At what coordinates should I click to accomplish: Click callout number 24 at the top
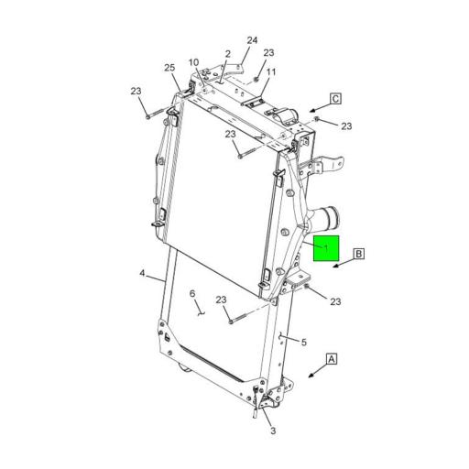coord(253,40)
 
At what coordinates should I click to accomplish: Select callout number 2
coord(227,54)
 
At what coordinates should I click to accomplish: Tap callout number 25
coord(169,69)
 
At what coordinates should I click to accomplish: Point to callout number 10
coord(194,63)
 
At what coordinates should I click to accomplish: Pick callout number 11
coord(271,71)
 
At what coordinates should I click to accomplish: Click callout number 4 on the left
coord(143,273)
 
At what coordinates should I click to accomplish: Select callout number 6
coord(192,294)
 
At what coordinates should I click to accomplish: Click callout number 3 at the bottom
coord(272,431)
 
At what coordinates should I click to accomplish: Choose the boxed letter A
coord(331,359)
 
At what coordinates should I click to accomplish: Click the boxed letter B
coord(359,253)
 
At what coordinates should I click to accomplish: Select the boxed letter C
coord(335,98)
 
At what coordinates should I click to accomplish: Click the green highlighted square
coord(327,248)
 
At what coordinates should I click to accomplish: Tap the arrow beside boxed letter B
coord(339,266)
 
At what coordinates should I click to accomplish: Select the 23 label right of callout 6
coord(222,300)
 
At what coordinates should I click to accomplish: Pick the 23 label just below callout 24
coord(268,53)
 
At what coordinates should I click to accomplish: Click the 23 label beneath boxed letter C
coord(346,125)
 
